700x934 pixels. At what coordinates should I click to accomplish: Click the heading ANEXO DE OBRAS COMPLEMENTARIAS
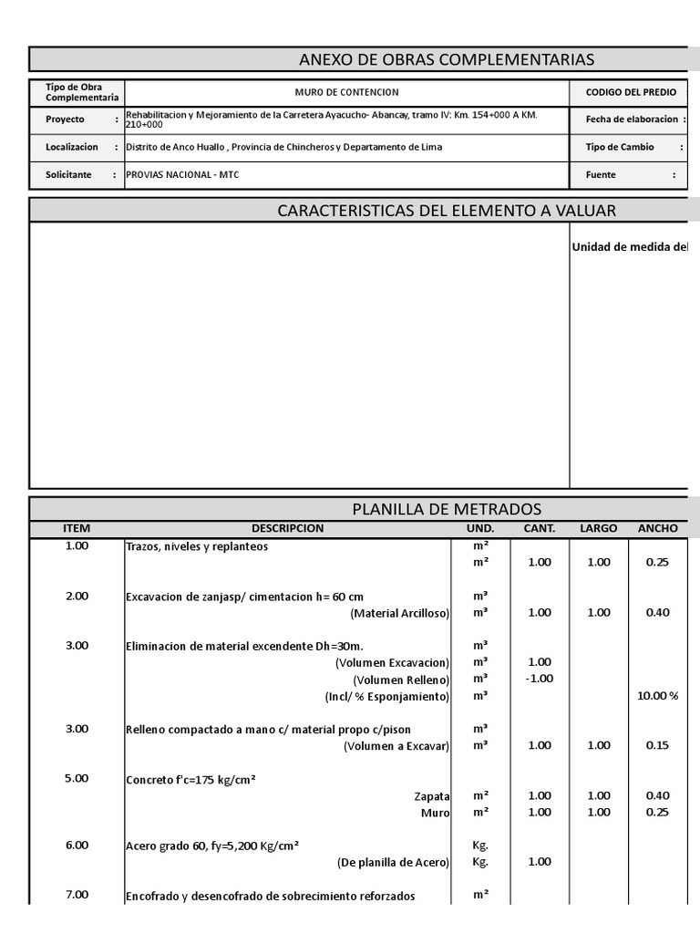click(447, 60)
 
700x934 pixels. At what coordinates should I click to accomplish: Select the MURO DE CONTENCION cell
click(346, 93)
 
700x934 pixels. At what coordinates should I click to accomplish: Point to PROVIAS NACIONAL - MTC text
click(182, 174)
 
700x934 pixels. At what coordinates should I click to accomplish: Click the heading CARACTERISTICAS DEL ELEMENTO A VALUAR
click(447, 211)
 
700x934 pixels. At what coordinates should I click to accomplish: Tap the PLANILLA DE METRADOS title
click(447, 509)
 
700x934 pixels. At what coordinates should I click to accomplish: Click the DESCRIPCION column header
click(287, 528)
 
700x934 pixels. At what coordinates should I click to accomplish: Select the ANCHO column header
click(657, 528)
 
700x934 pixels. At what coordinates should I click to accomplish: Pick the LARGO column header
click(598, 528)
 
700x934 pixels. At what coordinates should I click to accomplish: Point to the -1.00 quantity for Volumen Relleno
click(540, 679)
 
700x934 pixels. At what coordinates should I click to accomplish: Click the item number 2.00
click(77, 596)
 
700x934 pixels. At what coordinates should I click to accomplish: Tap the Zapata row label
click(432, 796)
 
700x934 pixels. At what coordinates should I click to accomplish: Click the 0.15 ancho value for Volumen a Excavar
click(657, 745)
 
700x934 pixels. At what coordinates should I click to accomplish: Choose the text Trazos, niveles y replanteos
click(197, 547)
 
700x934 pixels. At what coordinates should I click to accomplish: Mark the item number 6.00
click(77, 846)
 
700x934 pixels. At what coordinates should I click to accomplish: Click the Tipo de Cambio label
click(620, 147)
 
